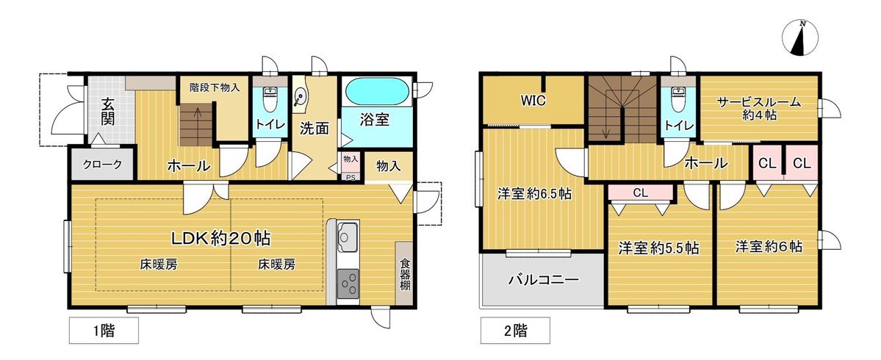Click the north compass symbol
[799, 38]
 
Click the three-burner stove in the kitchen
[348, 283]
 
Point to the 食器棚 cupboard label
[405, 273]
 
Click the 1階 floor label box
[104, 331]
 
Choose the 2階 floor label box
[514, 331]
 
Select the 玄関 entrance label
[109, 112]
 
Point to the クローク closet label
[102, 165]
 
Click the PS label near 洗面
[350, 177]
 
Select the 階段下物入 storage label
[215, 87]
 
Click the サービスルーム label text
[759, 102]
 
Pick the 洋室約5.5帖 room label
[658, 248]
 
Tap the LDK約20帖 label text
[221, 239]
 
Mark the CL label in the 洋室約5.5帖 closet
[641, 192]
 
